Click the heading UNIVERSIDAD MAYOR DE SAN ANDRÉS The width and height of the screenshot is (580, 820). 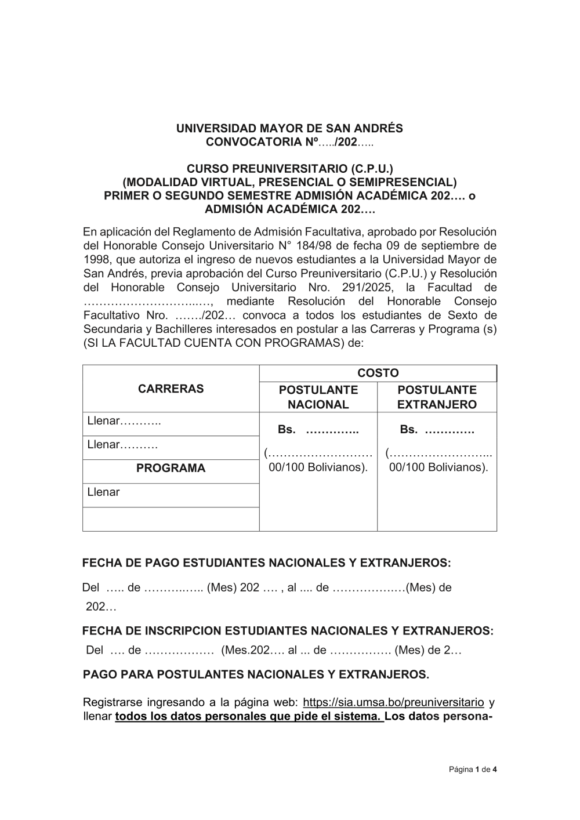tap(289, 128)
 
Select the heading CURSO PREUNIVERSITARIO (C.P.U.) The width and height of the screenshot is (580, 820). tap(289, 169)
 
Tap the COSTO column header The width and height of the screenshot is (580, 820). tap(378, 373)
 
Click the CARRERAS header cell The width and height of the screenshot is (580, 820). tap(171, 389)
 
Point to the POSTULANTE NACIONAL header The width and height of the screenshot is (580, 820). tap(318, 397)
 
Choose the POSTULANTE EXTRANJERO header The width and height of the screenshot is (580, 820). tap(437, 397)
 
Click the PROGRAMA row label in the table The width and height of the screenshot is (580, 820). tap(171, 468)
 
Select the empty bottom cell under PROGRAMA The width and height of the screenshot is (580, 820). tap(171, 519)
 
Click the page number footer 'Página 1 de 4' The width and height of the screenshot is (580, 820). tap(473, 770)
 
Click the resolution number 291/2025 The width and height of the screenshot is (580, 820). tap(369, 288)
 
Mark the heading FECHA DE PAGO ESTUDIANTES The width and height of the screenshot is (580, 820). tap(266, 563)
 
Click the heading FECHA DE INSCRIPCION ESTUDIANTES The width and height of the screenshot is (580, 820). tap(288, 630)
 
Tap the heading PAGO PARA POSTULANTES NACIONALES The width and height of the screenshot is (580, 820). tap(256, 674)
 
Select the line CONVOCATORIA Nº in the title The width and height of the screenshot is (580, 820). tap(289, 142)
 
